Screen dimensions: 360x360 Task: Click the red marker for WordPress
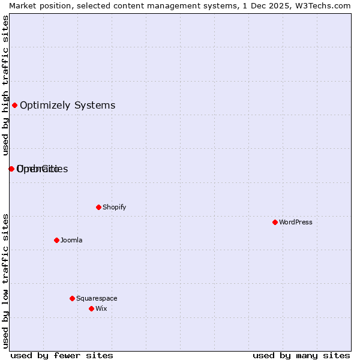pos(275,222)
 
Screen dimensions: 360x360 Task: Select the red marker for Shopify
pos(98,207)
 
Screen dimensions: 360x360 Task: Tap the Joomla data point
pos(56,240)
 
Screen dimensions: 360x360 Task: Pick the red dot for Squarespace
pos(72,298)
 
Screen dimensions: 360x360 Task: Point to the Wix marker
pos(91,308)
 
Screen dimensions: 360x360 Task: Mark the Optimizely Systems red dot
pos(14,106)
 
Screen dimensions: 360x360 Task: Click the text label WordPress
pos(296,222)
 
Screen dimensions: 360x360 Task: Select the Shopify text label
pos(114,207)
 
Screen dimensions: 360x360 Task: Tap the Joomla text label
pos(71,240)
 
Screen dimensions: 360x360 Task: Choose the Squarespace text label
pos(97,298)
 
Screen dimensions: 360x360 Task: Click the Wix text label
pos(101,308)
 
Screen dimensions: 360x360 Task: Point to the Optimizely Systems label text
pos(67,106)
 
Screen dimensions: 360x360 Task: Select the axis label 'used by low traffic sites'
pos(5,281)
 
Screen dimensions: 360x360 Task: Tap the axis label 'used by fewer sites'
pos(62,355)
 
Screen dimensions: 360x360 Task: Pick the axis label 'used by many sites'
pos(301,355)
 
